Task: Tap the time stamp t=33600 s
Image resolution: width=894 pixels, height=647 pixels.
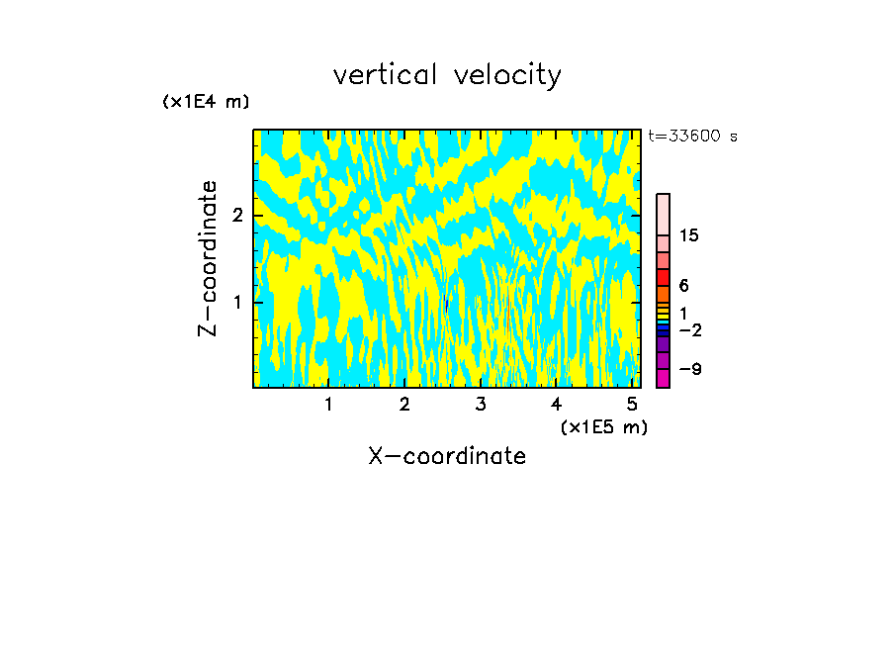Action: point(692,137)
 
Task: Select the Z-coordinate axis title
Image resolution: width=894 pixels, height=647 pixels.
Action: point(208,258)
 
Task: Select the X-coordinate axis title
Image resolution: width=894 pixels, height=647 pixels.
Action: point(447,456)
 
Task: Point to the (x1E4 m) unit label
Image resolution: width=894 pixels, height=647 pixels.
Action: point(206,102)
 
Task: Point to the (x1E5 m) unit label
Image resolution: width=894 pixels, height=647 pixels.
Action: point(603,426)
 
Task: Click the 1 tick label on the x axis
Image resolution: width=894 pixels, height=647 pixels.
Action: point(328,405)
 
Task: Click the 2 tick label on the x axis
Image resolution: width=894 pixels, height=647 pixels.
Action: point(404,405)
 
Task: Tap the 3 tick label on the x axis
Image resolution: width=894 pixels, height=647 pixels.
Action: point(480,405)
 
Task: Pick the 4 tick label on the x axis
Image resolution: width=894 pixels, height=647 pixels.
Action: point(556,405)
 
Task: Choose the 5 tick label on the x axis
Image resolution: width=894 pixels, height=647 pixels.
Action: point(632,405)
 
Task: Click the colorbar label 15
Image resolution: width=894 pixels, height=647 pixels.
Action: point(689,235)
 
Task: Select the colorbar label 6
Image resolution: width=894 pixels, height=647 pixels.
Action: point(683,286)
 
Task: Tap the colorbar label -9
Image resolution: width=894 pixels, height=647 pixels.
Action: point(689,369)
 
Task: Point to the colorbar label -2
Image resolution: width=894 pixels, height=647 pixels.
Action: point(689,330)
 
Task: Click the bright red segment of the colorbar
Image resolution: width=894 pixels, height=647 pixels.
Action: point(663,277)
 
